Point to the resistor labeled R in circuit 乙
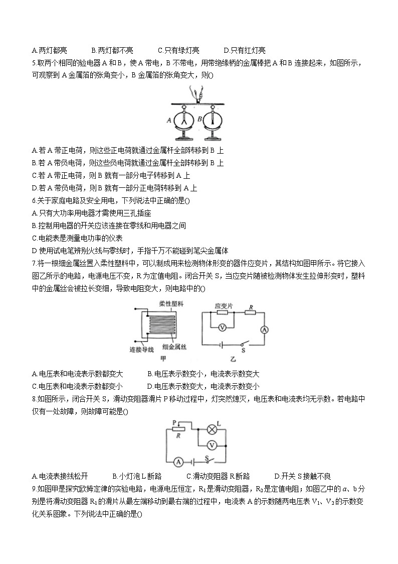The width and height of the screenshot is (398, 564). (x=250, y=312)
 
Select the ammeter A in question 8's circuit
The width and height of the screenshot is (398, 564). (x=177, y=461)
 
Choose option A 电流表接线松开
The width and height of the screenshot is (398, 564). (x=60, y=476)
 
